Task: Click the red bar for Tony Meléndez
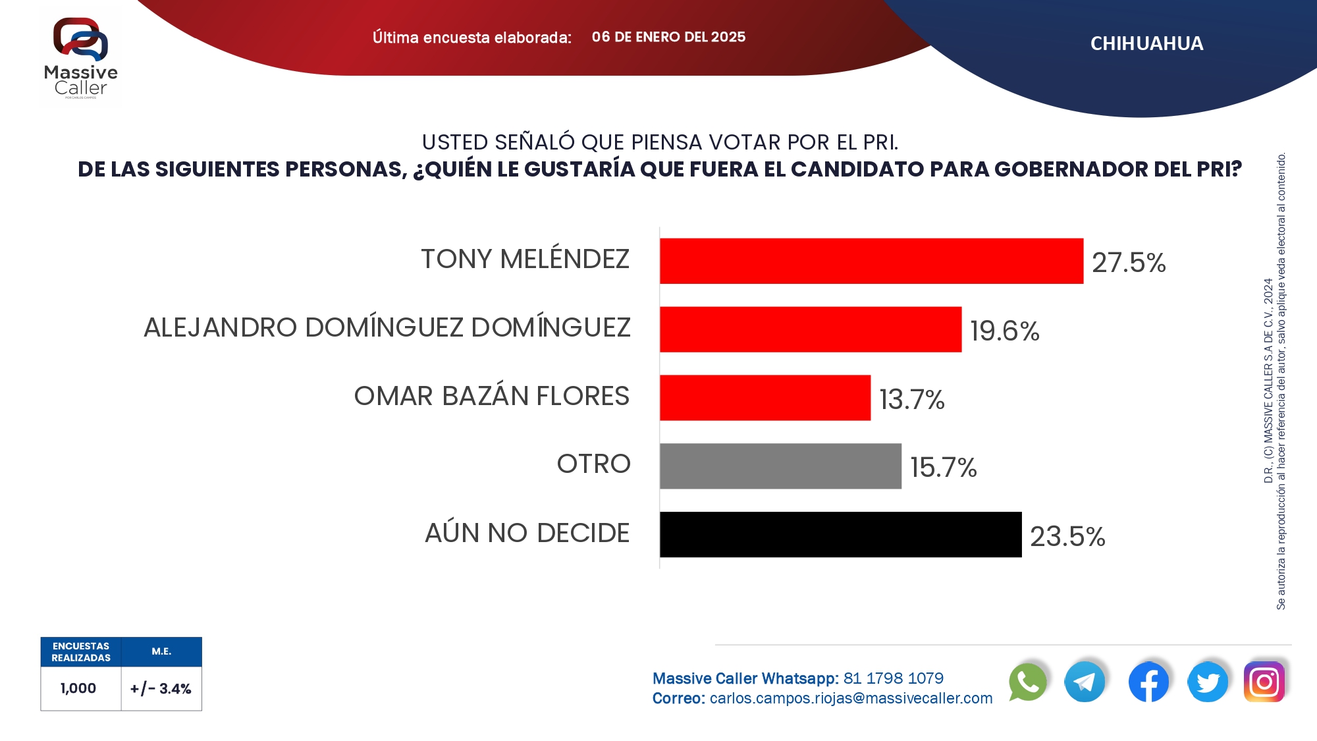click(x=871, y=261)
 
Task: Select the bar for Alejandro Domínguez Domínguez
click(x=811, y=329)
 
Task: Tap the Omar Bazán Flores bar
click(x=765, y=398)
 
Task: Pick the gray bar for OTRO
click(x=780, y=466)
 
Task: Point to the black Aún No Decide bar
click(x=840, y=535)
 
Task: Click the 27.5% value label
click(x=1129, y=263)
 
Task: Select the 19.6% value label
click(x=1005, y=331)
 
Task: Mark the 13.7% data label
click(x=912, y=399)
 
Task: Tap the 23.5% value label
click(x=1067, y=536)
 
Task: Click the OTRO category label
click(x=593, y=464)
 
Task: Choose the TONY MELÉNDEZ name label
click(x=525, y=260)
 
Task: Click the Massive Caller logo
click(x=80, y=58)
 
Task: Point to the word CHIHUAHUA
click(x=1146, y=43)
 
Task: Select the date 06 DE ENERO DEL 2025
click(x=668, y=37)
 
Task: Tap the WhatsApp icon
click(x=1027, y=682)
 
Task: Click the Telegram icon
click(x=1085, y=682)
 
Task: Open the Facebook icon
click(x=1148, y=682)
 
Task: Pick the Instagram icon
click(x=1264, y=682)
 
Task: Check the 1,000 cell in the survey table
click(x=78, y=688)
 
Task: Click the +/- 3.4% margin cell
click(x=161, y=689)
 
